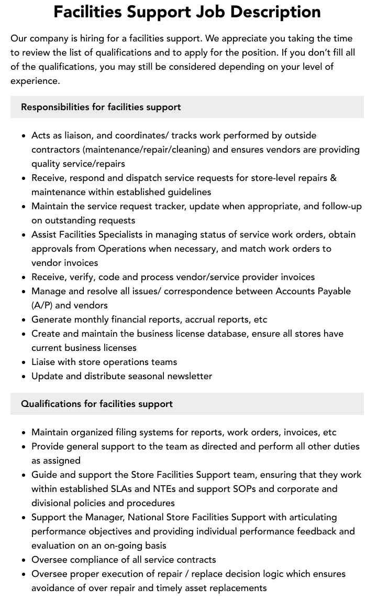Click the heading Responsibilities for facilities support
pos(101,107)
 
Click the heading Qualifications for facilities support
pos(97,404)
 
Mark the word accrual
pos(184,319)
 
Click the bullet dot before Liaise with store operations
pos(24,362)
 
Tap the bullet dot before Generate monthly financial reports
pos(24,320)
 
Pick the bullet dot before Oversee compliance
pos(24,560)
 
